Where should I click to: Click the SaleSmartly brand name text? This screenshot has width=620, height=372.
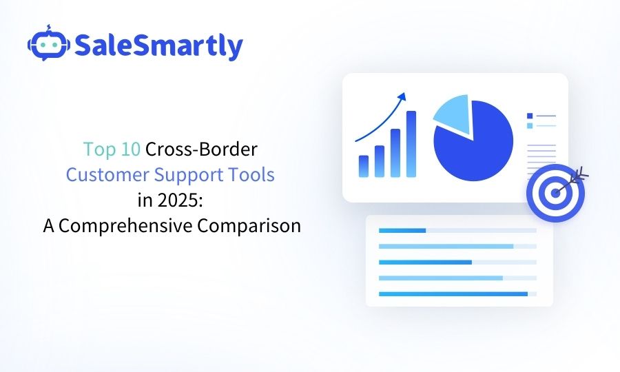pyautogui.click(x=158, y=45)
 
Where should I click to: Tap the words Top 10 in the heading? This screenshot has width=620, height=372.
pyautogui.click(x=112, y=149)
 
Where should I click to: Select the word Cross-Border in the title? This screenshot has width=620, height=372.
pyautogui.click(x=201, y=149)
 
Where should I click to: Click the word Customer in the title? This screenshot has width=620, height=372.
pyautogui.click(x=107, y=175)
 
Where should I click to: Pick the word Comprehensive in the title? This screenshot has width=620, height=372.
pyautogui.click(x=126, y=226)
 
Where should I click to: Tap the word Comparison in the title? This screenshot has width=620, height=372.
pyautogui.click(x=249, y=226)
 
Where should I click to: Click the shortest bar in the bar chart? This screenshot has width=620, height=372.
pyautogui.click(x=364, y=166)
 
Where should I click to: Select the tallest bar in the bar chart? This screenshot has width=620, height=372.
pyautogui.click(x=411, y=144)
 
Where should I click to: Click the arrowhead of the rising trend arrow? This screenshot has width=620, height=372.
pyautogui.click(x=402, y=96)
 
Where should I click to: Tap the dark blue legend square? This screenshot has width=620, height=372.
pyautogui.click(x=530, y=116)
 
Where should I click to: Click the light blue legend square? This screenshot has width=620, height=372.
pyautogui.click(x=530, y=125)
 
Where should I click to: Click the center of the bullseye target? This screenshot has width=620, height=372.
pyautogui.click(x=555, y=193)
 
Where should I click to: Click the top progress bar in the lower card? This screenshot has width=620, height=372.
pyautogui.click(x=457, y=231)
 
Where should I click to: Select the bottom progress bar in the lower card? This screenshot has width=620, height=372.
pyautogui.click(x=457, y=293)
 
